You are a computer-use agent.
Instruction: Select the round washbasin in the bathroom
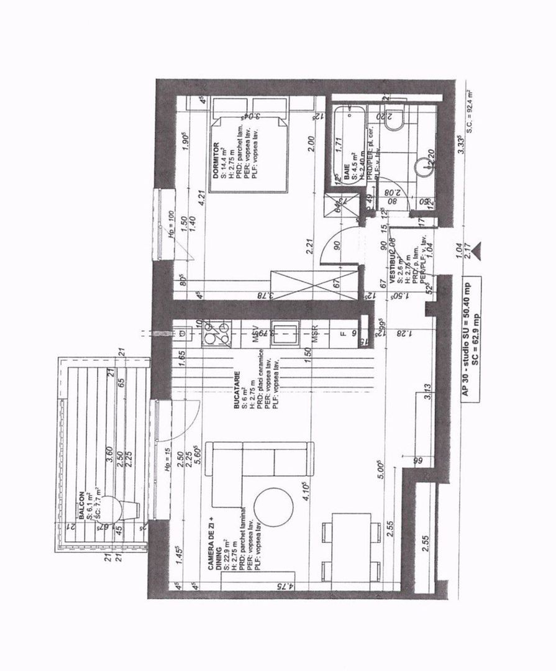tap(426, 164)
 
